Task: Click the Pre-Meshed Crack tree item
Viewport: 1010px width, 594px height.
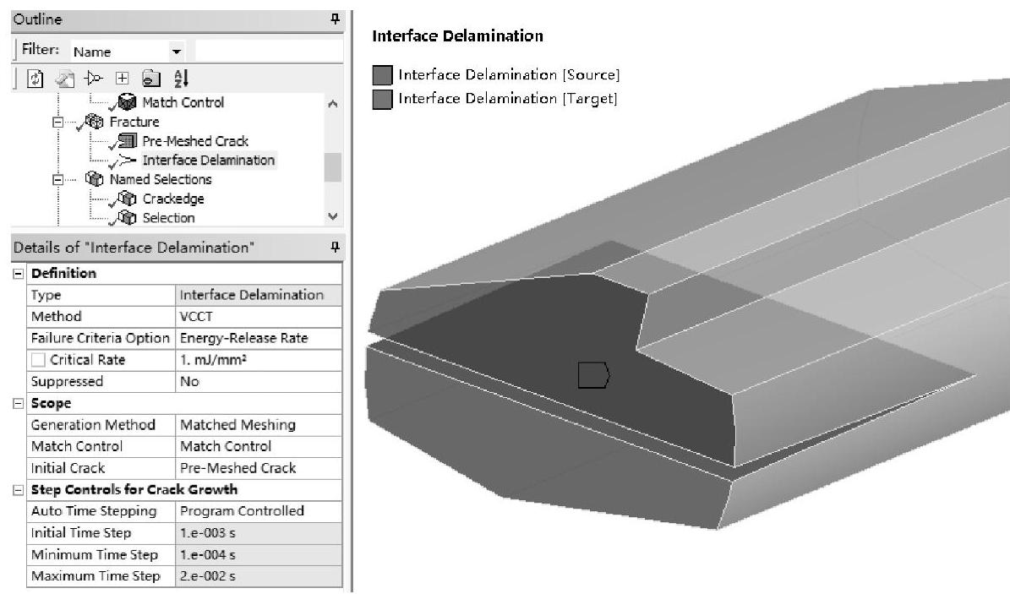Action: pyautogui.click(x=195, y=141)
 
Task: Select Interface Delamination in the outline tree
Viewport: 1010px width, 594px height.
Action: pyautogui.click(x=209, y=160)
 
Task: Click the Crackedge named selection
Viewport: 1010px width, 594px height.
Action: pyautogui.click(x=173, y=199)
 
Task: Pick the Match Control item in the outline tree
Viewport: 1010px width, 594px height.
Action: pyautogui.click(x=183, y=101)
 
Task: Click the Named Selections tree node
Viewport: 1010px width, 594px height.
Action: pyautogui.click(x=161, y=179)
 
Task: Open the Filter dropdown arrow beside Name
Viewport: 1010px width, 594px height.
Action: pyautogui.click(x=176, y=52)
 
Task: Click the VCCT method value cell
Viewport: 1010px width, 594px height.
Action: pyautogui.click(x=259, y=316)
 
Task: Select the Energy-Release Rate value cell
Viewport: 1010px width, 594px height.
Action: pyautogui.click(x=259, y=338)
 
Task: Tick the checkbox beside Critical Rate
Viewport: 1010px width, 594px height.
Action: pyautogui.click(x=38, y=360)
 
